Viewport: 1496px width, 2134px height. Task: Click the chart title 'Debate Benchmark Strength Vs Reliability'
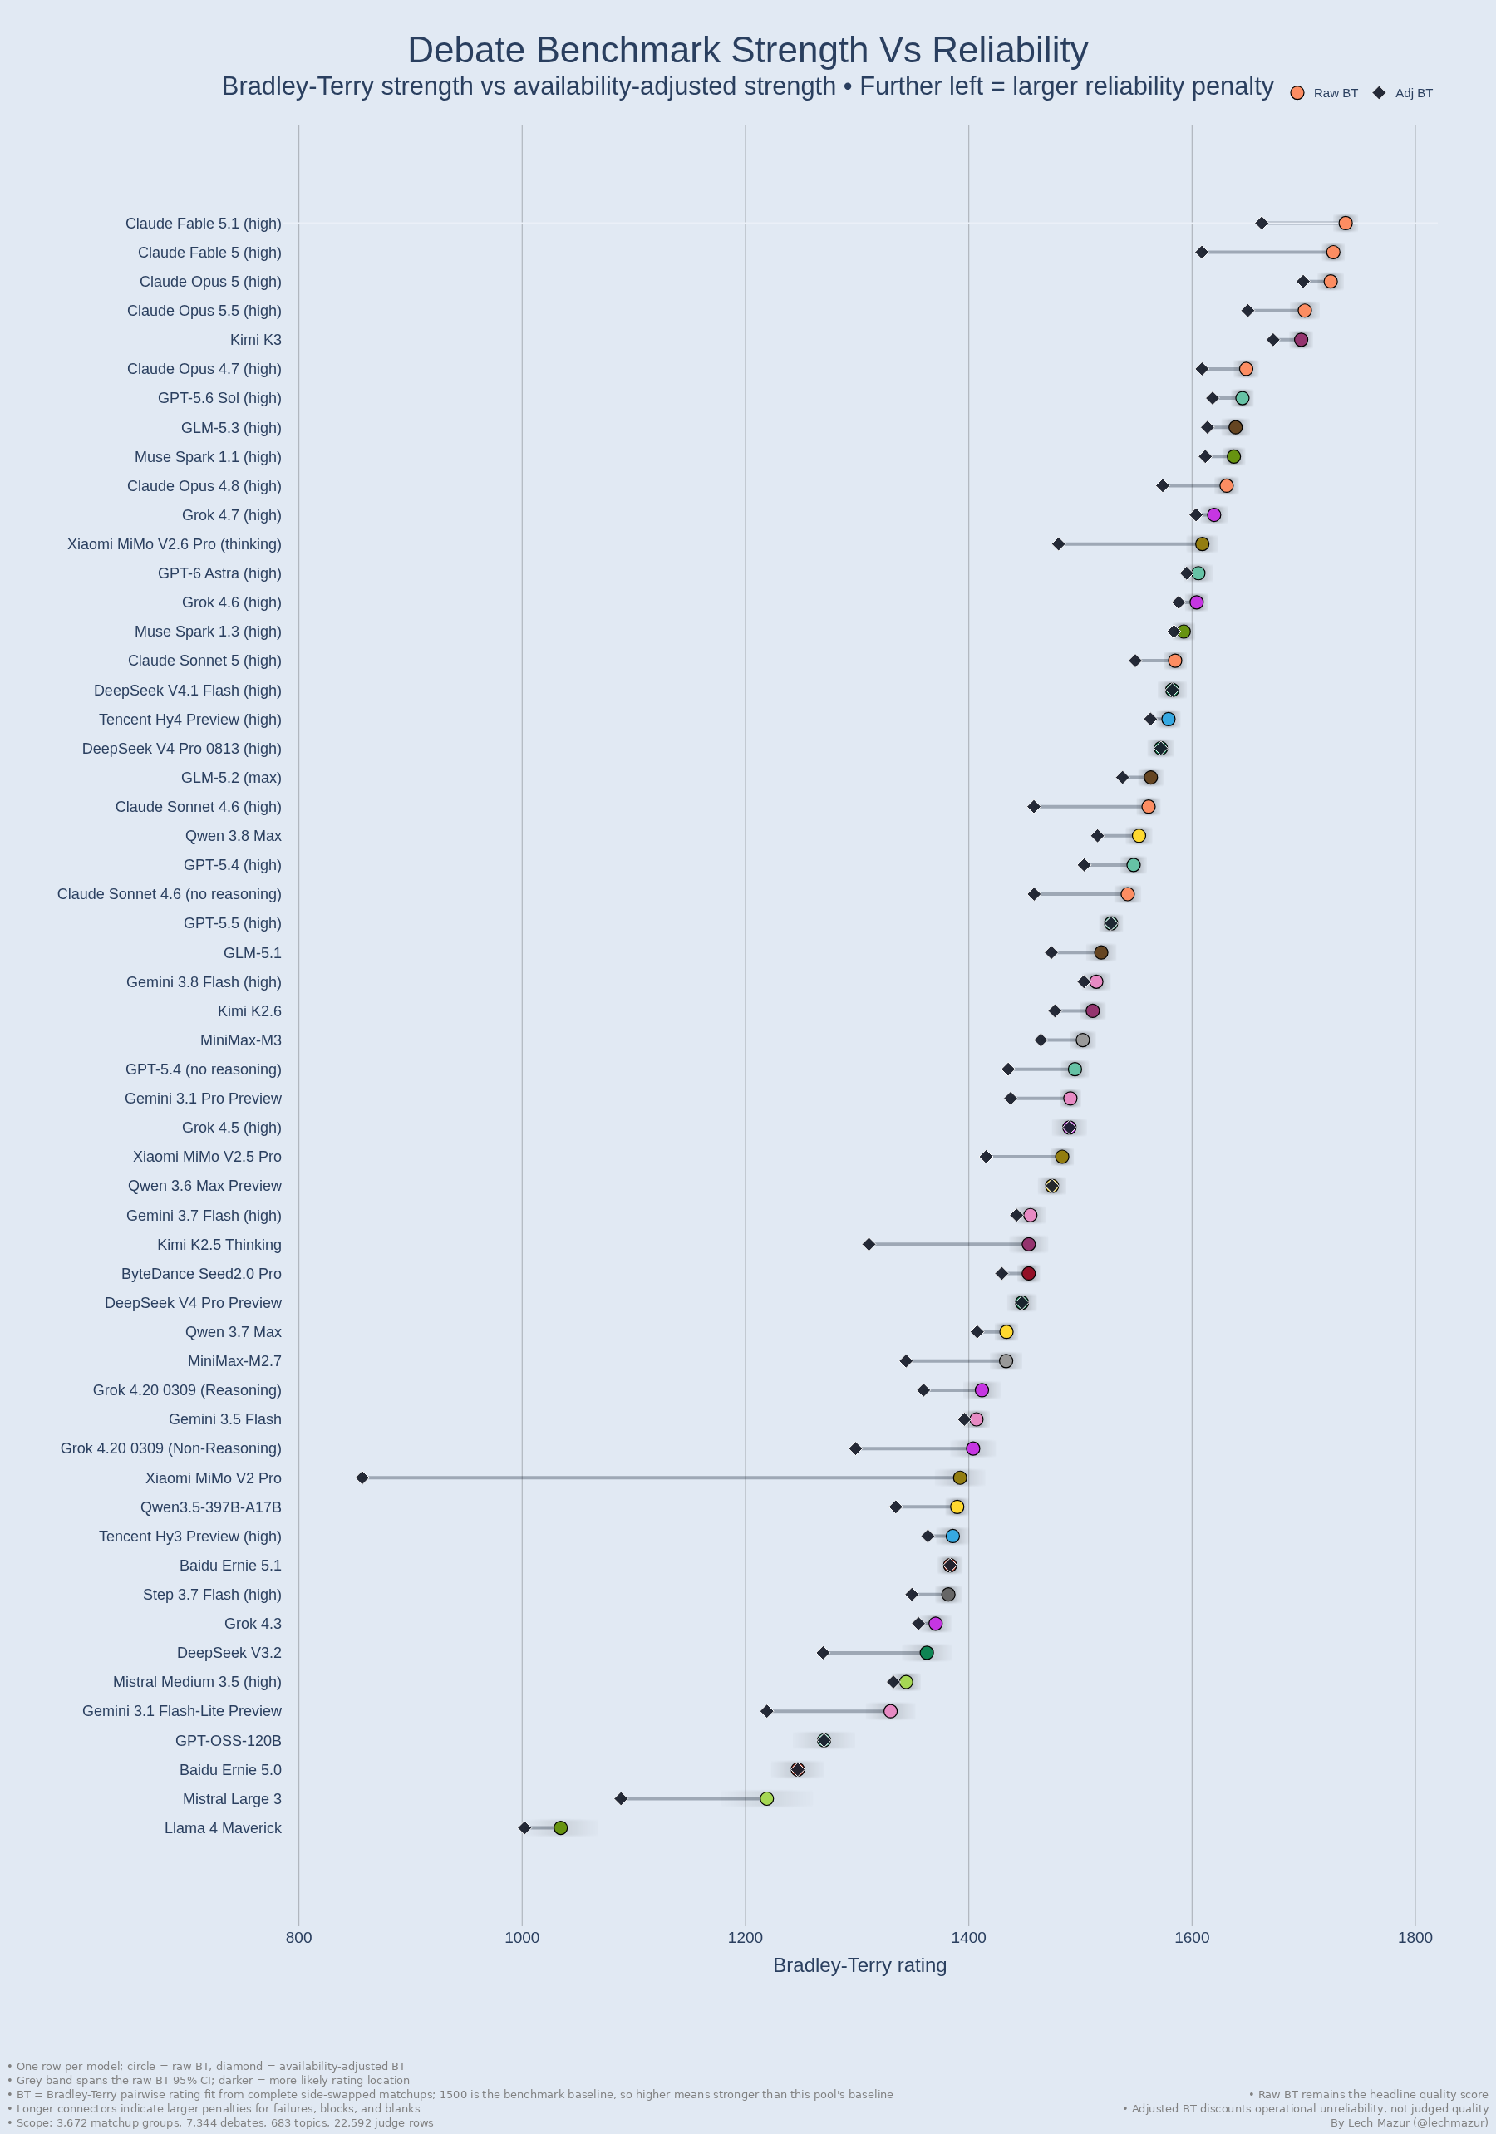[747, 50]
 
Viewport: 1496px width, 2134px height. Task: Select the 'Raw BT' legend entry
[1324, 93]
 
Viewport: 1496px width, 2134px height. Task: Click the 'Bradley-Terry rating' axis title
[860, 1964]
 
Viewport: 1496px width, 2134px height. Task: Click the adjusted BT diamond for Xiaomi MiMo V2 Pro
[362, 1478]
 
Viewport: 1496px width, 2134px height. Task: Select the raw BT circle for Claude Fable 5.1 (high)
[1346, 223]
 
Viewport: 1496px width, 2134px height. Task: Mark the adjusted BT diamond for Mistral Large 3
[621, 1798]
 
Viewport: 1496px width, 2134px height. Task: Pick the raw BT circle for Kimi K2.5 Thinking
[1028, 1245]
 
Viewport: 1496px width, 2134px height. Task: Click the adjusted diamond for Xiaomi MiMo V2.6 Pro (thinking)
[1059, 543]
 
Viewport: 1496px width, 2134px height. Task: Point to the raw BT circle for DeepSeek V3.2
[927, 1653]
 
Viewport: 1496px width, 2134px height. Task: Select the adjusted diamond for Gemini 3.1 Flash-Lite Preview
[767, 1711]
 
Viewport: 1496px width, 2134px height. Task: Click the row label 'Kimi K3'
[256, 340]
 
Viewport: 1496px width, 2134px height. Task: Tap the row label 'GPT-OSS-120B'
[228, 1741]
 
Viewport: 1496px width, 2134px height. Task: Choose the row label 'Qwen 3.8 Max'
[234, 836]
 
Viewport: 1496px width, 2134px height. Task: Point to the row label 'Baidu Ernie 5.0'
[230, 1770]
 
